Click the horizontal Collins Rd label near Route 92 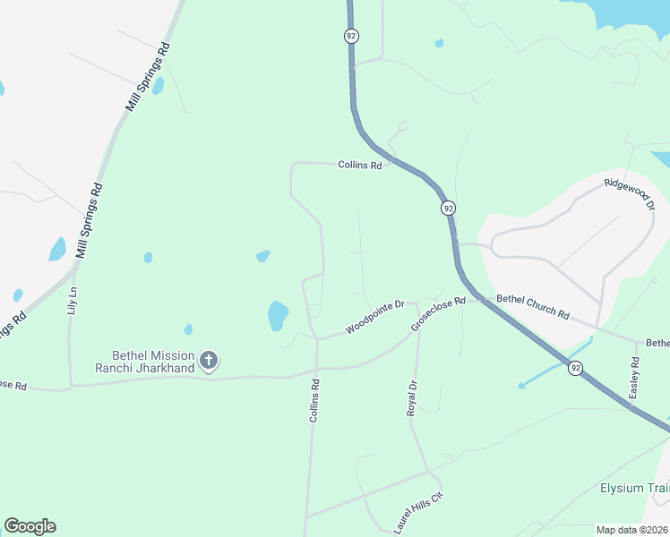click(360, 165)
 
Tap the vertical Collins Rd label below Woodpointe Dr click(314, 400)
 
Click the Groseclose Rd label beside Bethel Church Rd click(439, 314)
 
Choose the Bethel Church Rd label click(533, 308)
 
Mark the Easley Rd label click(634, 377)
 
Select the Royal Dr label click(412, 397)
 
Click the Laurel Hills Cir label click(419, 513)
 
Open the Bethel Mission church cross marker click(209, 361)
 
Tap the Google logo click(30, 526)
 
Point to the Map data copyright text click(632, 530)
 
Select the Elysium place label click(634, 489)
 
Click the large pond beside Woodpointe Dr click(278, 315)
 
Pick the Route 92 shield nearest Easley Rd click(575, 367)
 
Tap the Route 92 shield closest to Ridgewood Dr click(448, 208)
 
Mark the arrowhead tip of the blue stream click(519, 387)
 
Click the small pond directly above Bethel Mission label click(188, 329)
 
